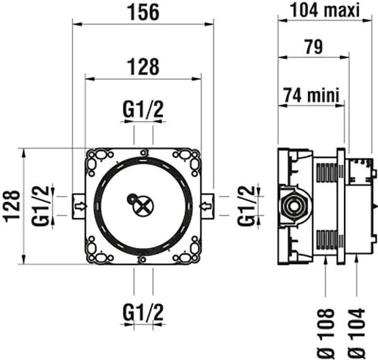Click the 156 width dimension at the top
click(x=143, y=11)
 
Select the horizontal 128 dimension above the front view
click(x=143, y=66)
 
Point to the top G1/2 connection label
click(x=143, y=110)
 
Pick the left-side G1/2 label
click(x=41, y=205)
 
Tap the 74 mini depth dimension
click(x=311, y=95)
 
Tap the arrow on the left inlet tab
click(x=80, y=205)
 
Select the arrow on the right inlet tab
click(x=206, y=205)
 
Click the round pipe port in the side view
click(x=292, y=206)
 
